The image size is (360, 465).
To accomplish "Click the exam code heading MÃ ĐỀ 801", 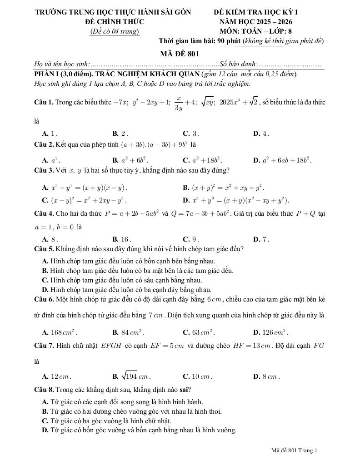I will pos(180,54).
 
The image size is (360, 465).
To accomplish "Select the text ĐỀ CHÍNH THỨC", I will pos(114,21).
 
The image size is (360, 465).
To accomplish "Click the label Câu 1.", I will pos(44,103).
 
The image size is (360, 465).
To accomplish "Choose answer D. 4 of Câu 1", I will pos(261,134).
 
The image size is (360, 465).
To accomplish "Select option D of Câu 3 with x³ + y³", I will pos(236,200).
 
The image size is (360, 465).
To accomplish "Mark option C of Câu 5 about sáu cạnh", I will pos(122,280).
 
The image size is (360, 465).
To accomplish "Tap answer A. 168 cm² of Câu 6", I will pos(60,332).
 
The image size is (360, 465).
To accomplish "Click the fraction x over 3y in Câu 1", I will pos(179,103).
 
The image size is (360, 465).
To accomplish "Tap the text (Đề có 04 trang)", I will pos(114,31).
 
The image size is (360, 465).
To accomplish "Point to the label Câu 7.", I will pos(44,346).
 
